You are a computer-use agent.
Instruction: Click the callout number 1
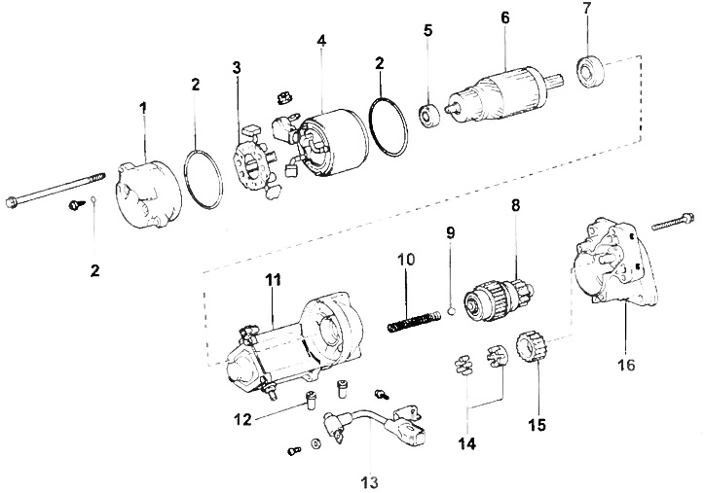[143, 108]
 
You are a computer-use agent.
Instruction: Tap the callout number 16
[625, 366]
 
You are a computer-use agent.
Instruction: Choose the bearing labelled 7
[589, 73]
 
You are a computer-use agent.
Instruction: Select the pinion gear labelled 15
[534, 349]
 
